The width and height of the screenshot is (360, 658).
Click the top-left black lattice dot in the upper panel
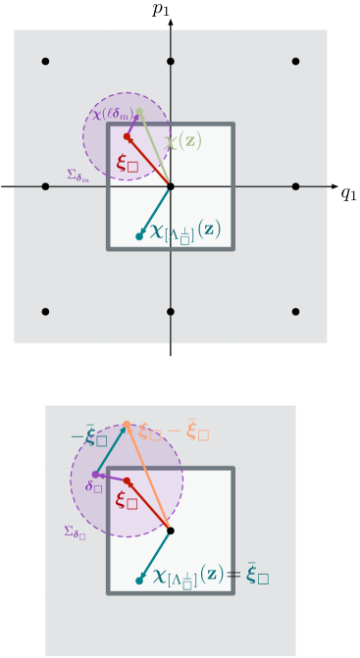tap(45, 62)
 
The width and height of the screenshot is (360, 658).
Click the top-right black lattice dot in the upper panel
tap(295, 62)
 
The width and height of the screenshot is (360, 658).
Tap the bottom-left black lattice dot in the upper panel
tap(45, 312)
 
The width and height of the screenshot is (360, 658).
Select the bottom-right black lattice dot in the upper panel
tap(295, 312)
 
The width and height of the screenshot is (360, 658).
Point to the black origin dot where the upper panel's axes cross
tap(171, 186)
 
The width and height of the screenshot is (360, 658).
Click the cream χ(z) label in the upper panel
tap(182, 141)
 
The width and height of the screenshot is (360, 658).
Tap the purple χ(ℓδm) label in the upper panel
tap(111, 115)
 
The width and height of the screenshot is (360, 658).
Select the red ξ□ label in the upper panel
tap(128, 163)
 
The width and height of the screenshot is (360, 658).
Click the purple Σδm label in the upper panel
tap(77, 176)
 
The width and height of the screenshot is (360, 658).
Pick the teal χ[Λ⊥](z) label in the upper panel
tap(184, 231)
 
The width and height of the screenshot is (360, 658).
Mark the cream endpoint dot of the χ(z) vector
tap(139, 112)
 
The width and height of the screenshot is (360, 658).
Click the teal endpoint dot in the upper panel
tap(139, 236)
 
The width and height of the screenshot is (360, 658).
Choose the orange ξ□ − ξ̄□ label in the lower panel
tap(174, 431)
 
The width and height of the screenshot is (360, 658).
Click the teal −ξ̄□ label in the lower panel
tap(88, 437)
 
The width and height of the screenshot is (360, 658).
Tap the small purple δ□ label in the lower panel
tap(93, 486)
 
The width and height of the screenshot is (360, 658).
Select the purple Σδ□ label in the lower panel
tap(75, 532)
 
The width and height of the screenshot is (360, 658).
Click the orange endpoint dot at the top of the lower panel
tap(127, 425)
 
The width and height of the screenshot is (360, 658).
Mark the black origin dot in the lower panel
tap(171, 531)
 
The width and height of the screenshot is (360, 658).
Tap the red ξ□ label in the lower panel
tap(127, 500)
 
